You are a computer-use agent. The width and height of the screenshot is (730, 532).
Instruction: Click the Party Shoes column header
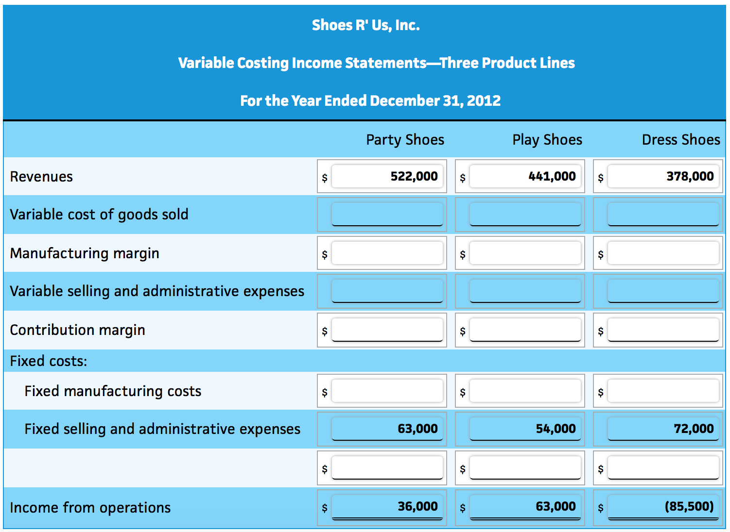click(405, 140)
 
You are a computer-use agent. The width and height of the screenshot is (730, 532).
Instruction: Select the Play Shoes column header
click(547, 140)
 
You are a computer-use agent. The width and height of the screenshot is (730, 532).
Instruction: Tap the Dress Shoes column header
click(680, 140)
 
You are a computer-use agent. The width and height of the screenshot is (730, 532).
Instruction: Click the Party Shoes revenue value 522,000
click(414, 176)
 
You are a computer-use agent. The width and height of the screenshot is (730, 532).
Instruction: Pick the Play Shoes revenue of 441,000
click(552, 176)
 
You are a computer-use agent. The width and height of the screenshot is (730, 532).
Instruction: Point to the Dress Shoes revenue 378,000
click(690, 176)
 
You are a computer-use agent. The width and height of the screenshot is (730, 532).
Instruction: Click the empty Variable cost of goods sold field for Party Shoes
click(387, 214)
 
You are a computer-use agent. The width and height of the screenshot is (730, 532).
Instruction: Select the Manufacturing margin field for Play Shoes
click(525, 253)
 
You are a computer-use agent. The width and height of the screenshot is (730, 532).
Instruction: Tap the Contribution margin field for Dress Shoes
click(663, 330)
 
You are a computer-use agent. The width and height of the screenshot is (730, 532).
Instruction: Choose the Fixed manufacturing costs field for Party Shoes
click(387, 391)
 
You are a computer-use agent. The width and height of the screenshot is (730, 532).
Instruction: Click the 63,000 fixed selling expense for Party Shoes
click(417, 429)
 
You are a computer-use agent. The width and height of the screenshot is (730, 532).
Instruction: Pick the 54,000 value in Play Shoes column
click(555, 429)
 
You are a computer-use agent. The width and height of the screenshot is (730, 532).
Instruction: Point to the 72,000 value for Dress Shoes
click(693, 429)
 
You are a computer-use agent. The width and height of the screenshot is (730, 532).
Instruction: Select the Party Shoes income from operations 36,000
click(417, 506)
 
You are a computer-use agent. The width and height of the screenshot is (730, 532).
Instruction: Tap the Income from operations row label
click(90, 508)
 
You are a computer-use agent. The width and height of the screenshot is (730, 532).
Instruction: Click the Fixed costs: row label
click(49, 361)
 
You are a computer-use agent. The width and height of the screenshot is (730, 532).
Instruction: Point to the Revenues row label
click(41, 177)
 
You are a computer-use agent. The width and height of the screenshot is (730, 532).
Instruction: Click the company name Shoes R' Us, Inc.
click(365, 25)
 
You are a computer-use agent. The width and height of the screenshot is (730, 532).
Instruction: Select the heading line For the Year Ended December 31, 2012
click(370, 101)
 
